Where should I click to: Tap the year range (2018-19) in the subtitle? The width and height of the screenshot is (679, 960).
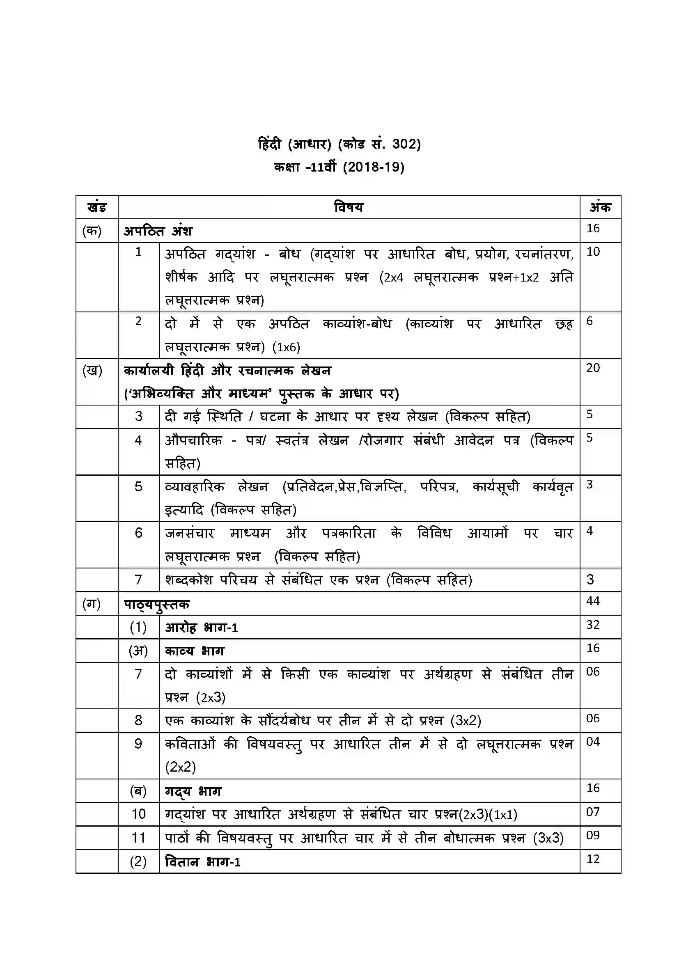coord(373,167)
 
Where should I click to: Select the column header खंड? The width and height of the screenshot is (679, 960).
coord(96,207)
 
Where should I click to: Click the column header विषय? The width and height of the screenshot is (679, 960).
coord(349,207)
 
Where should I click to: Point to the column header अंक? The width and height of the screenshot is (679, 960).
coord(600,207)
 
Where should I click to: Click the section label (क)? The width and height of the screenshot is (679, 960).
coord(92,230)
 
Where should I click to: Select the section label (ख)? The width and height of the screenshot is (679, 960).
coord(92,371)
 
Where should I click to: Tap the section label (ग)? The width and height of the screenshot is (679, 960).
coord(92,603)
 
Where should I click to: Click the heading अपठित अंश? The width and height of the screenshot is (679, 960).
coord(158,231)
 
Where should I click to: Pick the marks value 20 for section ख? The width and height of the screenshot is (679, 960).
coord(593,368)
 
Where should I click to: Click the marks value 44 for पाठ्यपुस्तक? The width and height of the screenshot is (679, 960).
coord(593,601)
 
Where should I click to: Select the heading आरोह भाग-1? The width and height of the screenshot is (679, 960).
coord(202,628)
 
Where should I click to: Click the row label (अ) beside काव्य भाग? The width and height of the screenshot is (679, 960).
coord(138,651)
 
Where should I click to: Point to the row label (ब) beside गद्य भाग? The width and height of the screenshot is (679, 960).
coord(138,791)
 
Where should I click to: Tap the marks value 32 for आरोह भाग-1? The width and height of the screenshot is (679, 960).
coord(593,625)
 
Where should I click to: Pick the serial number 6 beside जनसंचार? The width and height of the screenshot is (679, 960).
coord(138,533)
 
